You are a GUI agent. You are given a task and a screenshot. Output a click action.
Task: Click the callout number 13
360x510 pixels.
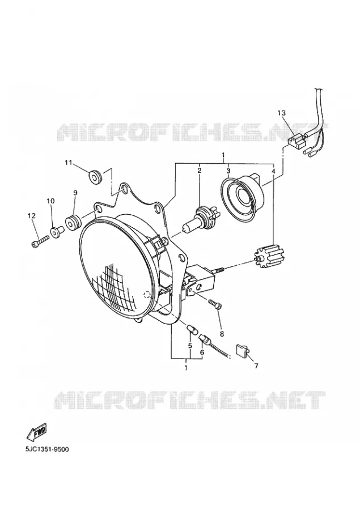tap(281, 113)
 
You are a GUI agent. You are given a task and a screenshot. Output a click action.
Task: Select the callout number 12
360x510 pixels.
tap(32, 215)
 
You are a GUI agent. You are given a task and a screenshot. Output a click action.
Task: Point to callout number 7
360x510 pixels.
tap(256, 366)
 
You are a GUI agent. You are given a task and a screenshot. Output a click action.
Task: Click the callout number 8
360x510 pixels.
tap(222, 333)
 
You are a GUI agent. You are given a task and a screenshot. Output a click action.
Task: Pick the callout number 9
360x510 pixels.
tap(75, 193)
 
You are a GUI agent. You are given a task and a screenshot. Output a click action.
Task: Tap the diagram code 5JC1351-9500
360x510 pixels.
tap(47, 449)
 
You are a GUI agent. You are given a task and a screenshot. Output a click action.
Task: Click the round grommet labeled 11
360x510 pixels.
tap(95, 177)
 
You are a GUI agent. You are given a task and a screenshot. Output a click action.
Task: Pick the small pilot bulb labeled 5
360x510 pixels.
tap(191, 329)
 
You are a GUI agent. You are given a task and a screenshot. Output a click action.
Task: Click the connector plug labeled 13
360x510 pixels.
tap(296, 142)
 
